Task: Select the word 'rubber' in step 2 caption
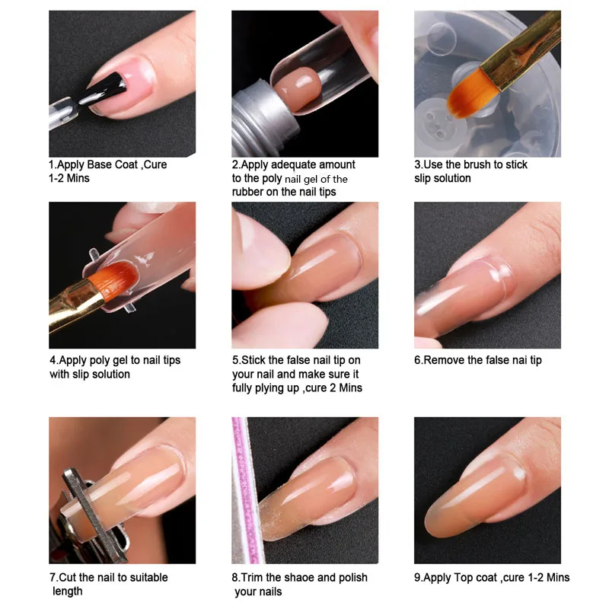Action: pyautogui.click(x=251, y=192)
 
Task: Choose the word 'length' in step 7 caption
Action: pyautogui.click(x=68, y=591)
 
